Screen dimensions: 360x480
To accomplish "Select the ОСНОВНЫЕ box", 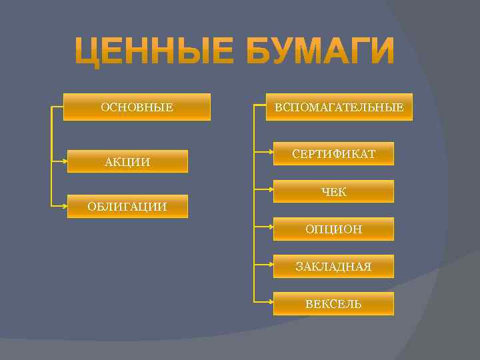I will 137,107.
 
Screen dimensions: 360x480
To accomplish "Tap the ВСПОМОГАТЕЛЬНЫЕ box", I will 339,107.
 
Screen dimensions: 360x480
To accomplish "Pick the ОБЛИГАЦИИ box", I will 127,207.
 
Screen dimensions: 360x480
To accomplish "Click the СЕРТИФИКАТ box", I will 333,154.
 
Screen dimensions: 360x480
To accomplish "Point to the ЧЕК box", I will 333,192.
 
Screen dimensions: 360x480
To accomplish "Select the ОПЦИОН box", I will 333,229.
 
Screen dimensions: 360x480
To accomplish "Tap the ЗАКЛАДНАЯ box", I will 333,267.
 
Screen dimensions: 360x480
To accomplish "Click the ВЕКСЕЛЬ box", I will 333,304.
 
